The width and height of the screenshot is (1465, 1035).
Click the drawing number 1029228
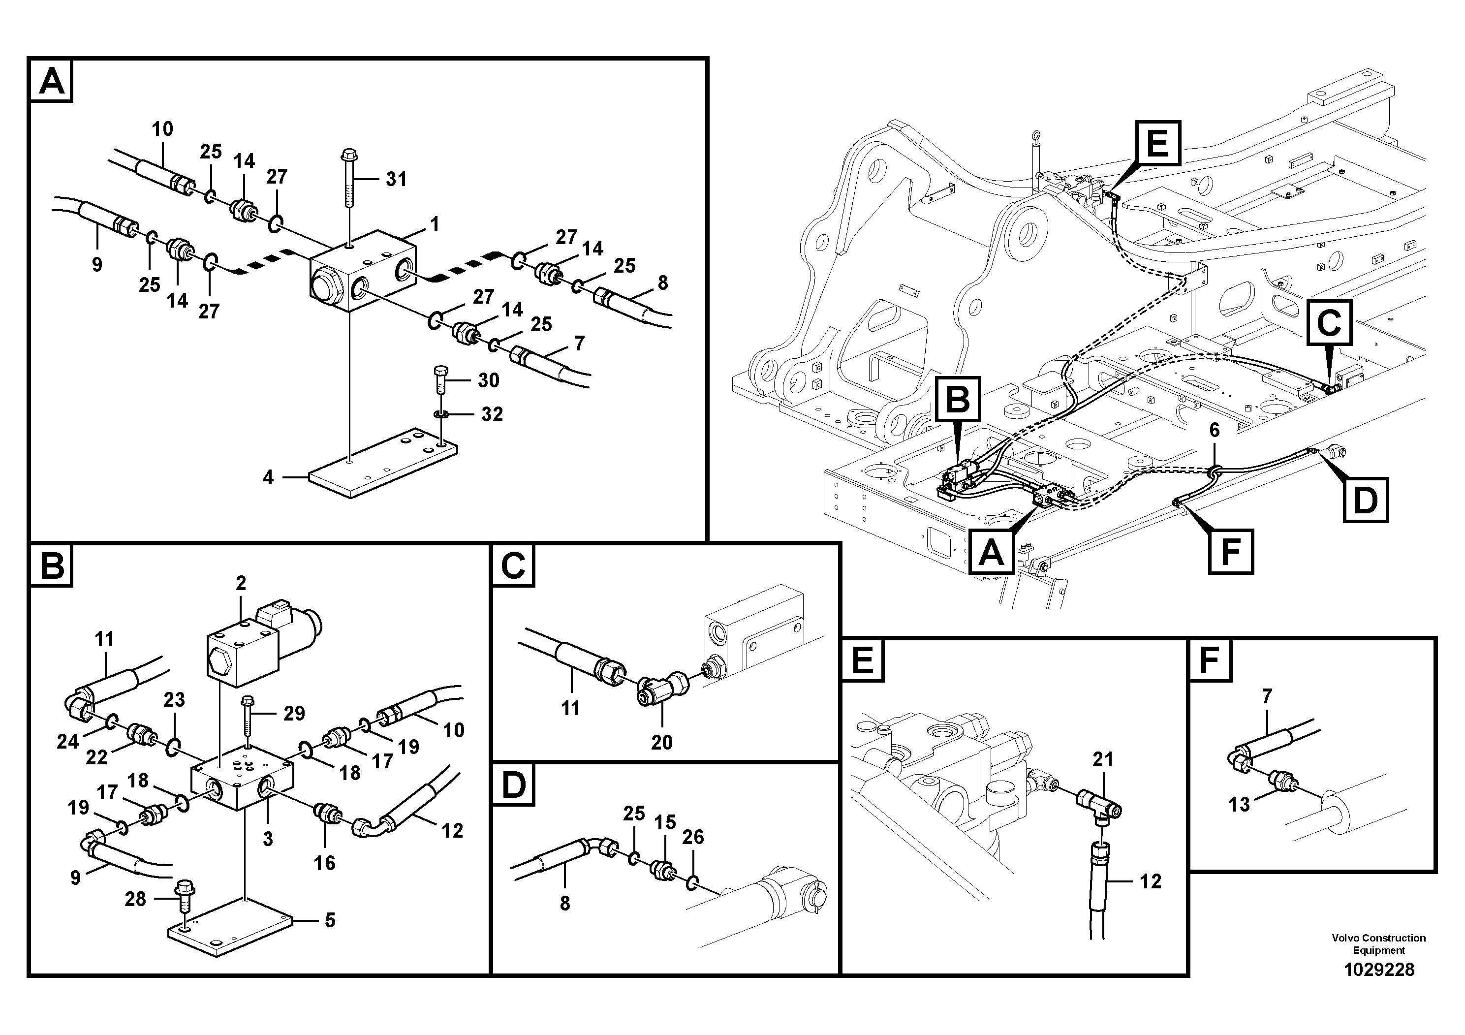1379,970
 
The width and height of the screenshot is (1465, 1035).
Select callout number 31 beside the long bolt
396,179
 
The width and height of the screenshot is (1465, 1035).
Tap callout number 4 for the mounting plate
269,477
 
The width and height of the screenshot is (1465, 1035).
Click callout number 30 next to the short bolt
489,380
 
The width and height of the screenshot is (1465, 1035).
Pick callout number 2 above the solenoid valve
241,583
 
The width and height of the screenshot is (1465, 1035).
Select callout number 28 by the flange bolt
135,899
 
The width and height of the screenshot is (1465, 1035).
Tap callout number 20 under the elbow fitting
662,742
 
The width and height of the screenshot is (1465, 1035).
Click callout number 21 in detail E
1103,759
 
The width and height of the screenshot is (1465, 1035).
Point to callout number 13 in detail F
1239,805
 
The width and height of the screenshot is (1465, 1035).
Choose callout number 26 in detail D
693,837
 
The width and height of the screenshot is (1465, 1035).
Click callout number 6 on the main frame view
1214,431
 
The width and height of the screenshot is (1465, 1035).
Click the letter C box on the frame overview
1329,323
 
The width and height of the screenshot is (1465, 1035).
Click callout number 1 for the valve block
435,224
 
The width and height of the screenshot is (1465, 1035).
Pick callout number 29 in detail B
294,714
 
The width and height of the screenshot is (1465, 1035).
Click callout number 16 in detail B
324,863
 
